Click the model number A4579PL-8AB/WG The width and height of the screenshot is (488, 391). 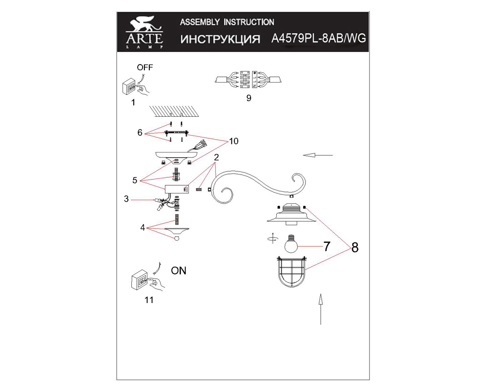tap(318, 39)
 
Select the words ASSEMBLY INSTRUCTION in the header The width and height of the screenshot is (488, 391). tap(227, 22)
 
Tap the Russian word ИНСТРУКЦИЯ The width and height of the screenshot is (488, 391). tap(220, 40)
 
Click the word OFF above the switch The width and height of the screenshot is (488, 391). tap(145, 67)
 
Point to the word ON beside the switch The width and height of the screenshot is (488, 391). tap(179, 270)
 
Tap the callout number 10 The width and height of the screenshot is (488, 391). tap(233, 141)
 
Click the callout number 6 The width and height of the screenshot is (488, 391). tap(140, 132)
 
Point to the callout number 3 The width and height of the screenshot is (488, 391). tap(126, 199)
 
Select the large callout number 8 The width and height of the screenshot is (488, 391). tap(355, 248)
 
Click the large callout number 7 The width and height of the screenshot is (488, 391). tap(326, 246)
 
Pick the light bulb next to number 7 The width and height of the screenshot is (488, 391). tap(291, 243)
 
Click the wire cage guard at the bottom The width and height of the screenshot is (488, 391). tap(292, 275)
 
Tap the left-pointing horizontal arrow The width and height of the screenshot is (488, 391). tap(318, 155)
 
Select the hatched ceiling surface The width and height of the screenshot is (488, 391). tap(176, 110)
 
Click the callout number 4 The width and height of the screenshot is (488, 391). tap(142, 227)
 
